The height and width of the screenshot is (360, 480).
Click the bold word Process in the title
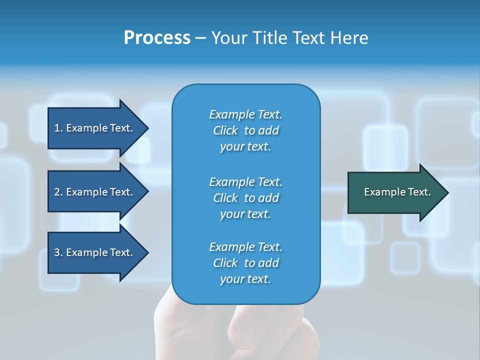pyautogui.click(x=157, y=38)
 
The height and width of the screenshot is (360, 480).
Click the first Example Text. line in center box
pyautogui.click(x=245, y=114)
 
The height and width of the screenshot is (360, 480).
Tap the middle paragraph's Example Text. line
pyautogui.click(x=245, y=182)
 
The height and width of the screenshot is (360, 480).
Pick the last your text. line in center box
pyautogui.click(x=245, y=279)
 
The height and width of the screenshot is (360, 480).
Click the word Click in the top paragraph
pyautogui.click(x=225, y=130)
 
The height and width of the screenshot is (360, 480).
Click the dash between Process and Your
pyautogui.click(x=200, y=38)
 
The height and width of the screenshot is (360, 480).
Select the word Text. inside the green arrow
pyautogui.click(x=419, y=192)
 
